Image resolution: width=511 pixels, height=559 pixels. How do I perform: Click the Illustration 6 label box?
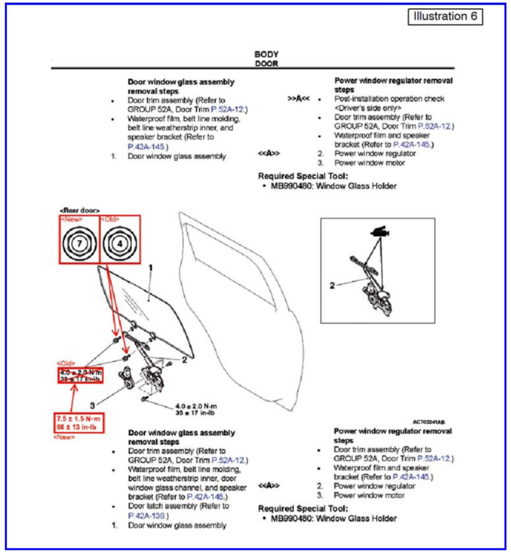click(445, 16)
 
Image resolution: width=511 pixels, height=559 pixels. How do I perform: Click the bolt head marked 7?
click(79, 243)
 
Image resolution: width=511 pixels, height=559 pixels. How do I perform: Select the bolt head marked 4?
click(120, 244)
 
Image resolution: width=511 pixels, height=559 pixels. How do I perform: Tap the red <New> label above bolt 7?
click(71, 219)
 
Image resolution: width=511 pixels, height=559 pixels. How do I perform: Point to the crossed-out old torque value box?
click(81, 376)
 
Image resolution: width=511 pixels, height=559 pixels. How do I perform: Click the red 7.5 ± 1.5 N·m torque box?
click(79, 423)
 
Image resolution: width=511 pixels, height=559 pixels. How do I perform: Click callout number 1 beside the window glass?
click(151, 268)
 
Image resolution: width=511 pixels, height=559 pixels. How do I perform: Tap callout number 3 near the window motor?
click(93, 406)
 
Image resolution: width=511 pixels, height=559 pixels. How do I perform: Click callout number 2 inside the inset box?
click(332, 285)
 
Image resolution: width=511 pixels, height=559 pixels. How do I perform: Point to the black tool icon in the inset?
click(380, 232)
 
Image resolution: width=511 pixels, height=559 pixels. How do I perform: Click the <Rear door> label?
click(80, 210)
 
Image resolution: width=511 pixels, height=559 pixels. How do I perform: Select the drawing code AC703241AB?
click(429, 422)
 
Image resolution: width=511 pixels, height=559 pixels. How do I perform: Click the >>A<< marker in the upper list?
click(298, 99)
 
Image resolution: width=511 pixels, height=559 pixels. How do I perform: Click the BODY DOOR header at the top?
click(266, 59)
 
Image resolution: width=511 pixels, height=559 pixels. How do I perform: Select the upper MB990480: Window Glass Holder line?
click(333, 186)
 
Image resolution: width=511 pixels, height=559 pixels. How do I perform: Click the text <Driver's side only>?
click(368, 108)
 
